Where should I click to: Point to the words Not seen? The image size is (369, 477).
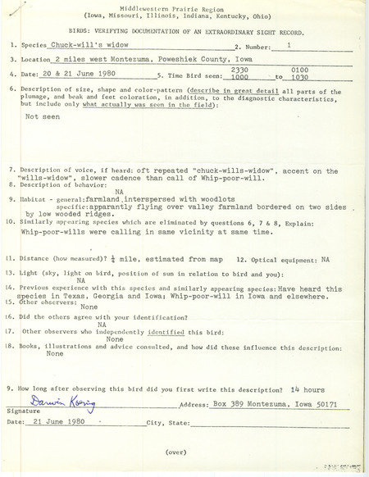[x=44, y=116]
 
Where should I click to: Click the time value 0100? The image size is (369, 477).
[x=322, y=70]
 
